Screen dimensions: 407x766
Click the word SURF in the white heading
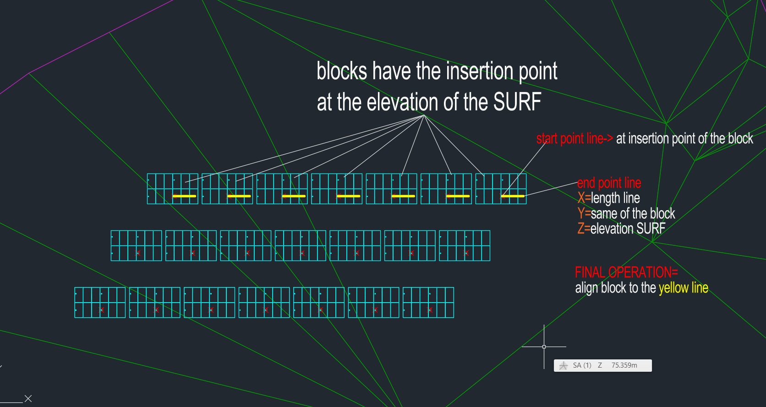coord(517,102)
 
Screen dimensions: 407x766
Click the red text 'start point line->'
coord(574,139)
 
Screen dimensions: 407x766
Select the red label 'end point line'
coord(609,183)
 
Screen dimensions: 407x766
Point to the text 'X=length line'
coord(608,198)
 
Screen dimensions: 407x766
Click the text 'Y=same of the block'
coord(626,213)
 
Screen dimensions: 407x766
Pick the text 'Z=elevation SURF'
coord(621,228)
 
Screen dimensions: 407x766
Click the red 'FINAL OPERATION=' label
coord(626,272)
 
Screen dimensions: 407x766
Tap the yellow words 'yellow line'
coord(683,288)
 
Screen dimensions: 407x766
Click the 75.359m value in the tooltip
coord(624,365)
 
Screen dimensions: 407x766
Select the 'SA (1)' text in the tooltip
coord(582,365)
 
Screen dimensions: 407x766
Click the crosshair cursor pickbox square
coord(544,347)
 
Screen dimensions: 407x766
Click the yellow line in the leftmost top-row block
coord(184,196)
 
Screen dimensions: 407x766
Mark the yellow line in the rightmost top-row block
coord(513,196)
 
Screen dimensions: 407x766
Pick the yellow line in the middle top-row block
coord(348,196)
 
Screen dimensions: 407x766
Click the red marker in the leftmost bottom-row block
coord(102,310)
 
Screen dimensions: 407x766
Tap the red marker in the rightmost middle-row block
coord(466,253)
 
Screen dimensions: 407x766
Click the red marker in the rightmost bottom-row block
coord(430,310)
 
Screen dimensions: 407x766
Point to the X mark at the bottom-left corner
coord(28,399)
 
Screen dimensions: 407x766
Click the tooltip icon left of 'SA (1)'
coord(564,366)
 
